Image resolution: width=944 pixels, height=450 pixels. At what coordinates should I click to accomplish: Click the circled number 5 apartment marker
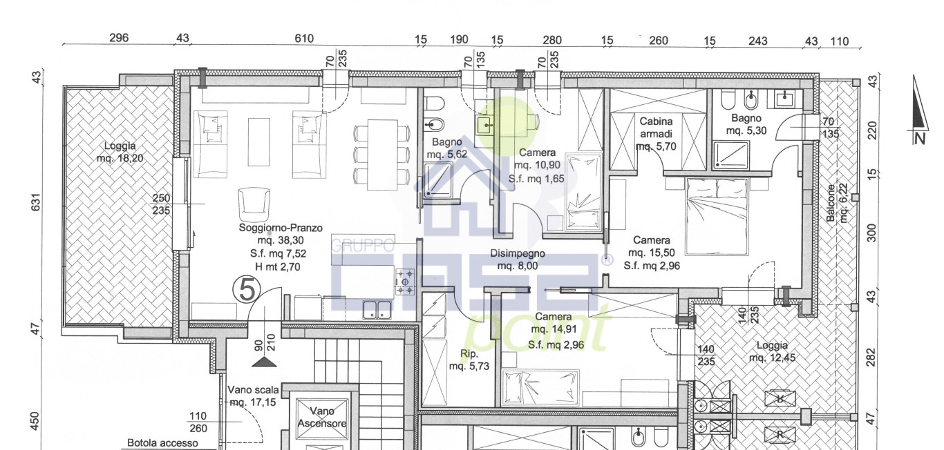click(247, 290)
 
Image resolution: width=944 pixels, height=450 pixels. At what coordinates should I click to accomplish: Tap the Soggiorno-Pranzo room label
click(281, 228)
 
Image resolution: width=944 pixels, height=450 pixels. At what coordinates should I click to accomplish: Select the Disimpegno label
click(518, 253)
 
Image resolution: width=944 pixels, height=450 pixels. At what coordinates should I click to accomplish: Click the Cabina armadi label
click(656, 128)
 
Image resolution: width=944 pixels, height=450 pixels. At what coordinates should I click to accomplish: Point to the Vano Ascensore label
click(322, 417)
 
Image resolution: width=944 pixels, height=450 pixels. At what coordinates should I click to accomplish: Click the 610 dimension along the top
click(304, 39)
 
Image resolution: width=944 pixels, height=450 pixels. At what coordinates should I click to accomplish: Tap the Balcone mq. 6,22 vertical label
click(836, 203)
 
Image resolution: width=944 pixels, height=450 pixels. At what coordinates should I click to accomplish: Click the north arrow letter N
click(920, 138)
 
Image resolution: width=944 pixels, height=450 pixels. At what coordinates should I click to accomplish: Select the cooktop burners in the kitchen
click(405, 282)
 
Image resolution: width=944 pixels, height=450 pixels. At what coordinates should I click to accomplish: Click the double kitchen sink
click(377, 310)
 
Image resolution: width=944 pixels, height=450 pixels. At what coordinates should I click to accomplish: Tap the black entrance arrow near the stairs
click(264, 362)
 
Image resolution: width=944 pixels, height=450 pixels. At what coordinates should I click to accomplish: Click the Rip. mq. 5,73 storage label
click(469, 360)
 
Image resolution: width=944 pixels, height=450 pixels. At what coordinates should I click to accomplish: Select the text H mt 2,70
click(278, 266)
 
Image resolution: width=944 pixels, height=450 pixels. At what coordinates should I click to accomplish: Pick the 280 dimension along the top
click(552, 40)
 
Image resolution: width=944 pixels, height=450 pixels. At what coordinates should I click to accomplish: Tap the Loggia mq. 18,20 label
click(120, 152)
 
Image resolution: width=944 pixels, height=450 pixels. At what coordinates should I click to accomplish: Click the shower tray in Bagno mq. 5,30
click(731, 155)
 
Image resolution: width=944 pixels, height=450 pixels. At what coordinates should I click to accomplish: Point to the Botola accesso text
click(162, 443)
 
